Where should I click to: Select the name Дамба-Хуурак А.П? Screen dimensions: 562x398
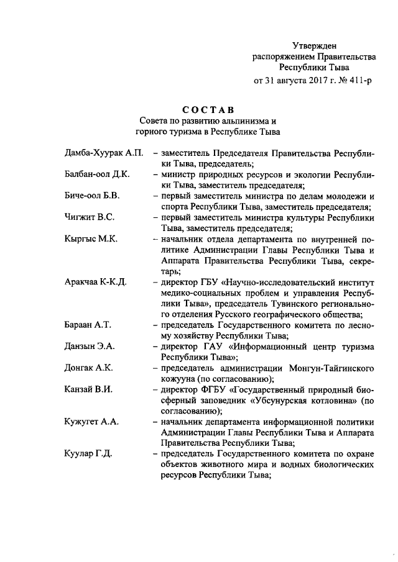(x=104, y=153)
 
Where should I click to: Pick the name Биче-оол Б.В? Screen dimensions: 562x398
(x=91, y=196)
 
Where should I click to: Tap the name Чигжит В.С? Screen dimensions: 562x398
(x=89, y=217)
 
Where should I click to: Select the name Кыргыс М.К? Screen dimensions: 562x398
(x=90, y=239)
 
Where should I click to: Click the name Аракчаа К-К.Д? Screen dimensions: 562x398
(x=95, y=282)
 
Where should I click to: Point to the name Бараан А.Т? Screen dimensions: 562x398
(x=88, y=325)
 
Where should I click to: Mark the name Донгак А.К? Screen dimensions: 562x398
(x=88, y=368)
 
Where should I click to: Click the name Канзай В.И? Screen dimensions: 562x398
(x=88, y=389)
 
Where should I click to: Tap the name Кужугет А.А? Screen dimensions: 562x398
(x=91, y=422)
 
